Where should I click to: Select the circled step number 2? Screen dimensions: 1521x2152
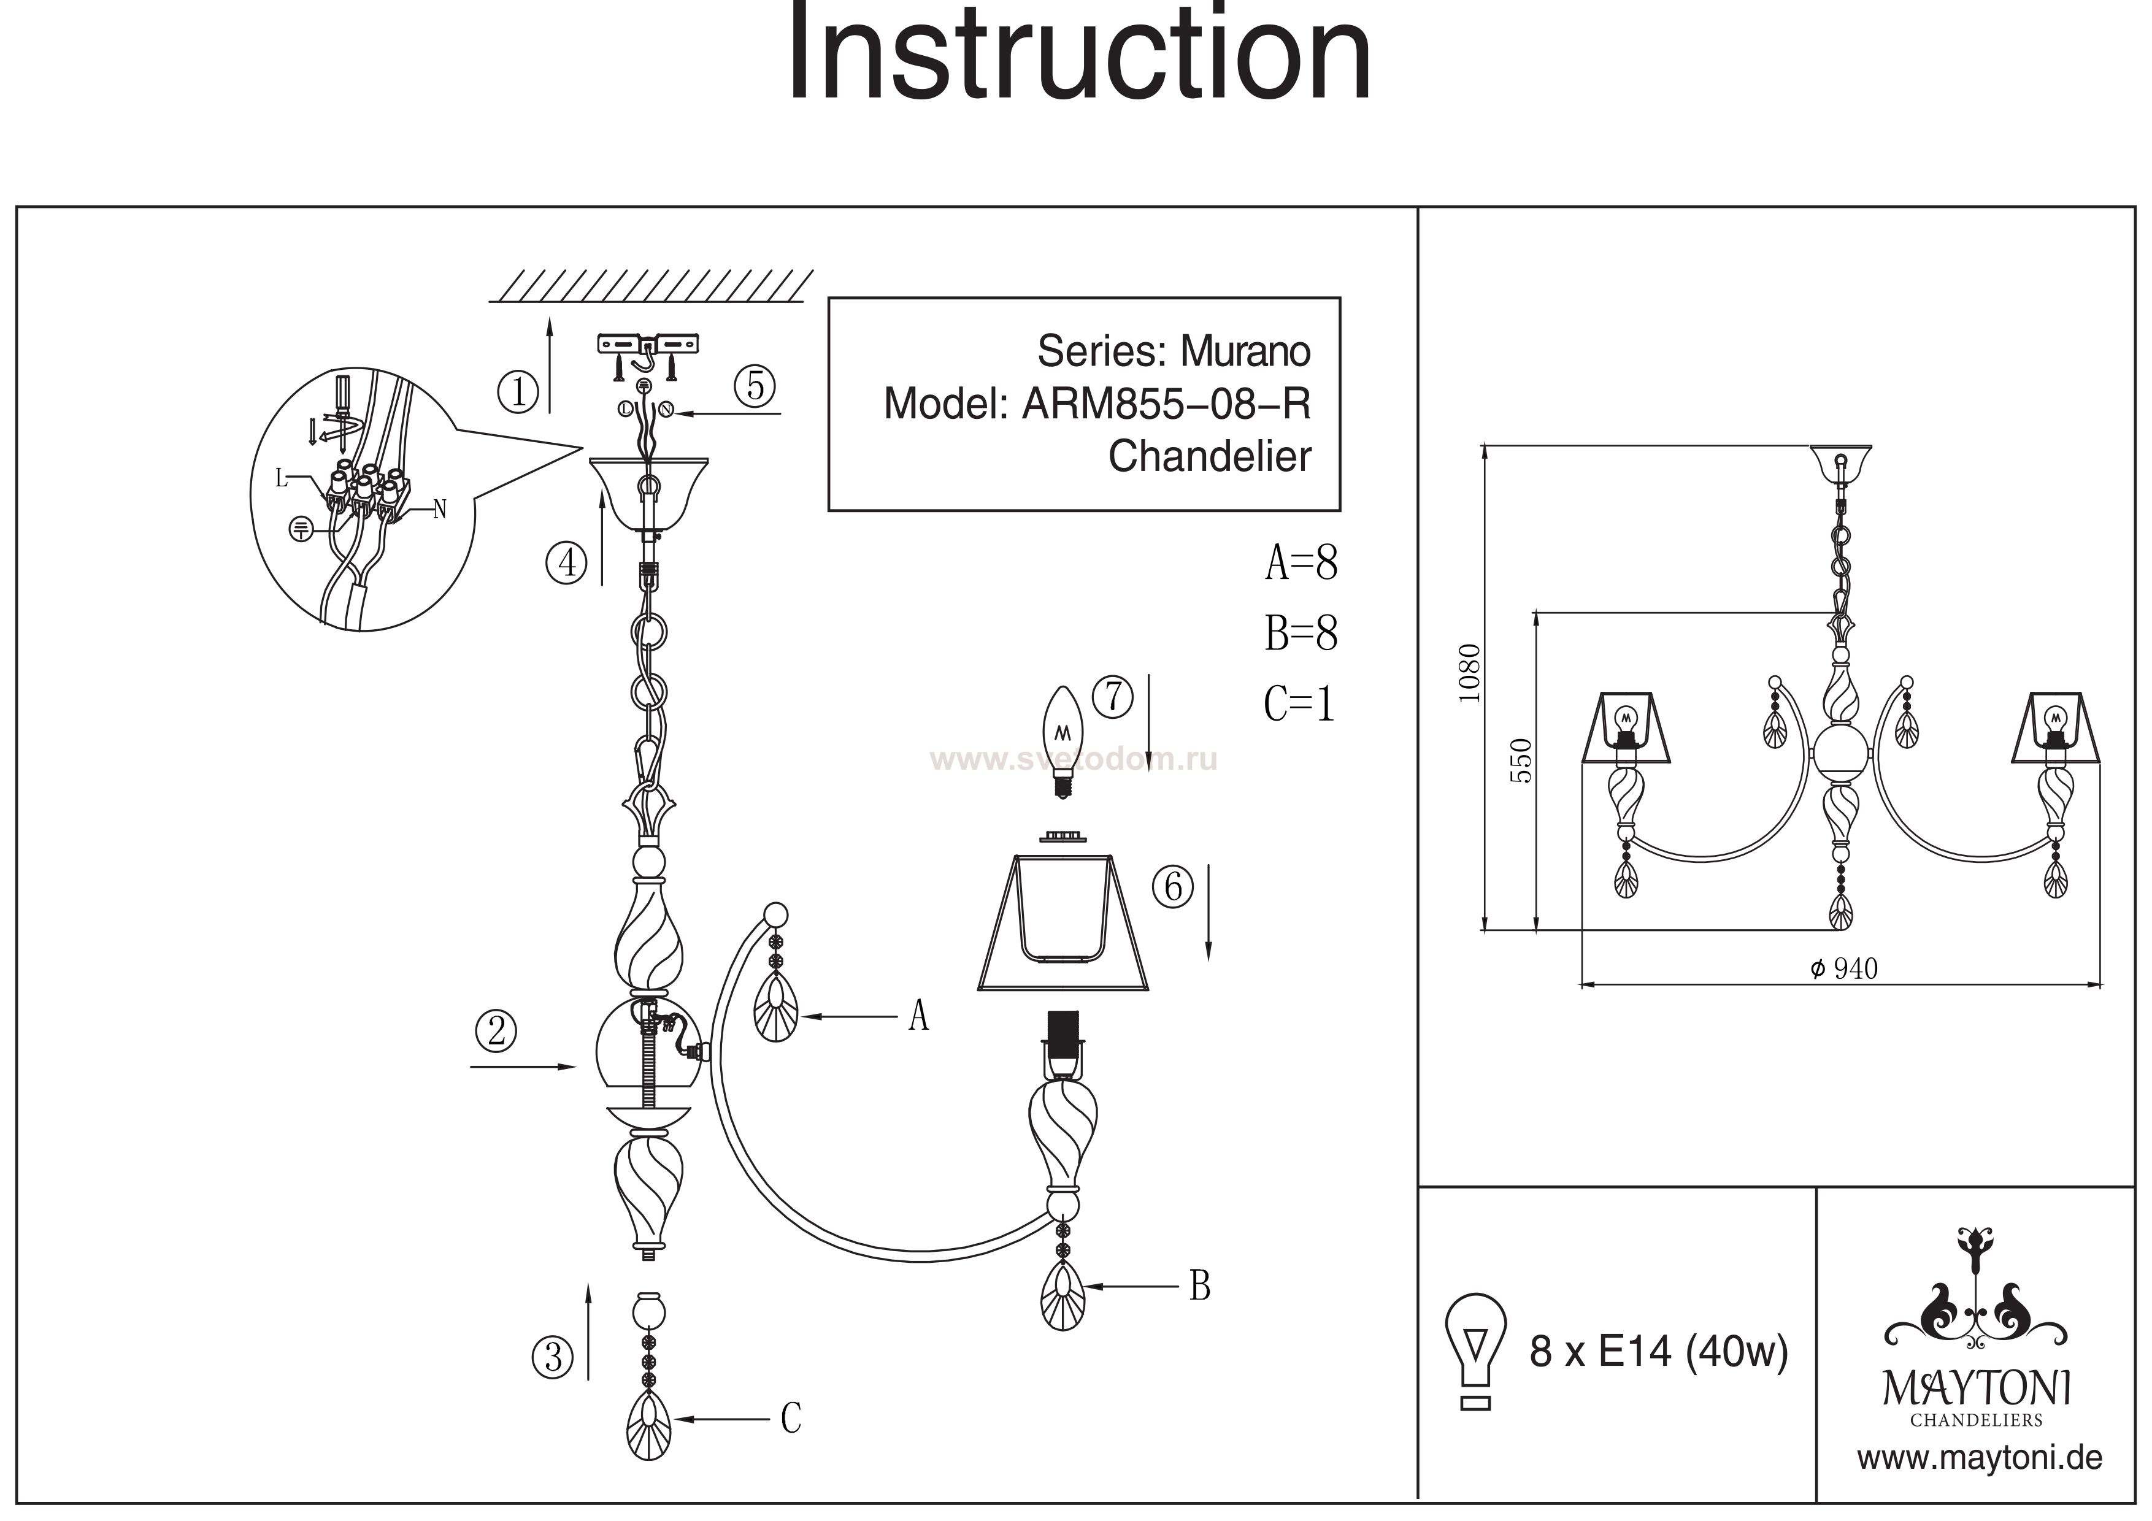click(x=497, y=1031)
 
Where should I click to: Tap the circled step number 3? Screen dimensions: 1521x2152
click(x=553, y=1357)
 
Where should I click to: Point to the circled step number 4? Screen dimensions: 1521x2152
click(x=566, y=562)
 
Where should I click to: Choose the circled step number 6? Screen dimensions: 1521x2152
click(x=1174, y=887)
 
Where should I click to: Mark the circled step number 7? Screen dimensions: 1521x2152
click(x=1113, y=697)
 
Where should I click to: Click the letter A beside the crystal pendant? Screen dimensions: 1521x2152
click(x=918, y=1016)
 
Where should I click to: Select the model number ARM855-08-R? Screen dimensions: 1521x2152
click(x=1166, y=404)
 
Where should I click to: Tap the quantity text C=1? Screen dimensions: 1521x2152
click(x=1299, y=704)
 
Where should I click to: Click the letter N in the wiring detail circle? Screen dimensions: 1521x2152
click(x=440, y=509)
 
